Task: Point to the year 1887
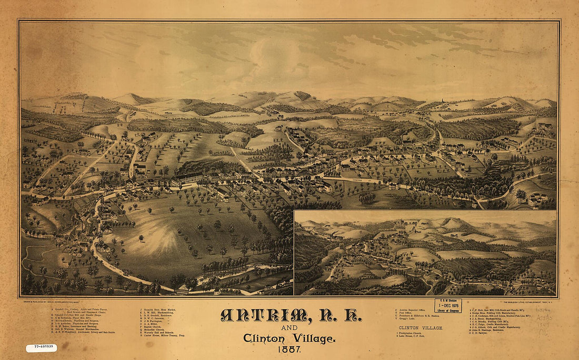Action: click(x=289, y=349)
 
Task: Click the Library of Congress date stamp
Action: click(x=447, y=306)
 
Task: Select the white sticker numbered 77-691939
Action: click(x=41, y=348)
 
